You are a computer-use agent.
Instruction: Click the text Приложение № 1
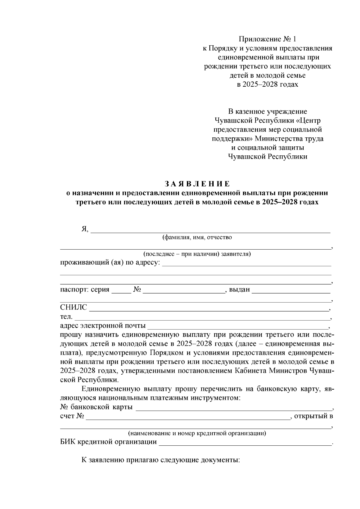[x=267, y=39]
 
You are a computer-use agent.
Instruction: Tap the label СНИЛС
[x=73, y=307]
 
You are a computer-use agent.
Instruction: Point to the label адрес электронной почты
[x=103, y=325]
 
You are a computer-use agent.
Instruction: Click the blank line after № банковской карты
[x=232, y=409]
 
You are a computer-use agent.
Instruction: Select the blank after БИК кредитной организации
[x=244, y=443]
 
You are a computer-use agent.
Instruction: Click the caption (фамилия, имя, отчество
[x=197, y=237]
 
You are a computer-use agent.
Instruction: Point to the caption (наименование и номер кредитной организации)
[x=197, y=433]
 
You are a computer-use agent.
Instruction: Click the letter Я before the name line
[x=84, y=229]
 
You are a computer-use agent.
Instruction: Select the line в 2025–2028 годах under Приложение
[x=267, y=84]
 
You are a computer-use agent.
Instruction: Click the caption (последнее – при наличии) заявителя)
[x=197, y=254]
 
